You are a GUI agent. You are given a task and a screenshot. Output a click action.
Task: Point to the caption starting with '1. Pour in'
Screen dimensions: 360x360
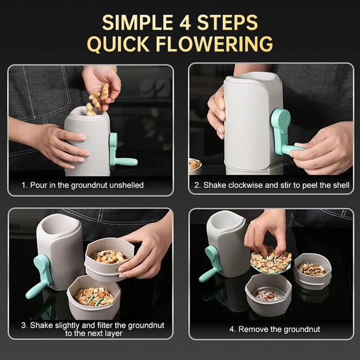point(83,185)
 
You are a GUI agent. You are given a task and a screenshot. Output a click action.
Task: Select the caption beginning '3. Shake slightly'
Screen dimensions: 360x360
point(93,329)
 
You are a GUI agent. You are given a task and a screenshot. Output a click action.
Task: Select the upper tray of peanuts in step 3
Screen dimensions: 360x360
point(110,256)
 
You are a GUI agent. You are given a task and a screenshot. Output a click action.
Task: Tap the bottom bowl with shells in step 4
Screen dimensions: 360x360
point(268,294)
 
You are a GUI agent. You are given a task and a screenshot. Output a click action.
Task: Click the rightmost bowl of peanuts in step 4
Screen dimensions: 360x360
point(312,269)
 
